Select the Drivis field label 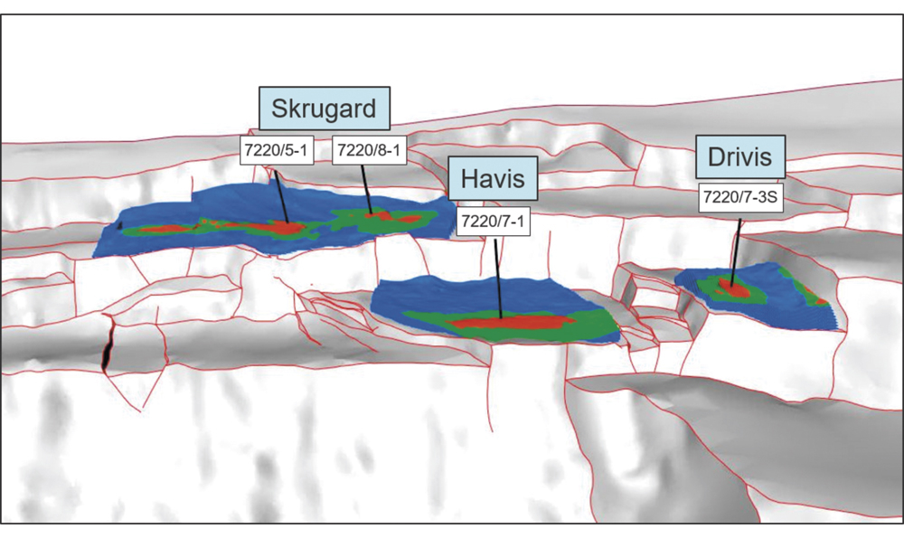click(739, 159)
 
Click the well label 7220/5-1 click(276, 150)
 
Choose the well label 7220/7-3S click(740, 197)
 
